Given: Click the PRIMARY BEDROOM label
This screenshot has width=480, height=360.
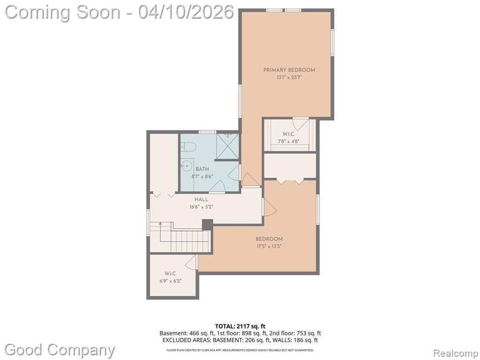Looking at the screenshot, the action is coord(289,70).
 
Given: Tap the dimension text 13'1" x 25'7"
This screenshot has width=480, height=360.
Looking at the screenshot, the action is coord(289,78).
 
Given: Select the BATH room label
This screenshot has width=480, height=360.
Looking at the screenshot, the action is coord(202,169).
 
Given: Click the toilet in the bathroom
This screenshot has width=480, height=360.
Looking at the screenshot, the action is coord(188,147).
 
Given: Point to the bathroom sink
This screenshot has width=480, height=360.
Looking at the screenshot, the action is coord(187,166).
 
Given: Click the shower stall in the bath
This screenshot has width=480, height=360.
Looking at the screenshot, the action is coord(227,146).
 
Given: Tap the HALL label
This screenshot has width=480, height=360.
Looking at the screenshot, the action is coord(201,200).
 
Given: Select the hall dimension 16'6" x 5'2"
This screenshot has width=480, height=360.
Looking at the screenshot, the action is coord(201,207).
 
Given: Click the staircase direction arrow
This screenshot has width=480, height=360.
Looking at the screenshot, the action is coord(160,232).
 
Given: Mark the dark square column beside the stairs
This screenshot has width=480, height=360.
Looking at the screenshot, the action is coord(207,225).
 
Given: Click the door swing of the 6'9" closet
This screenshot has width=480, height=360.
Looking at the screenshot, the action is coord(192,262).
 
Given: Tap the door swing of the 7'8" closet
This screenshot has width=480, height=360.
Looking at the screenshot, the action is coord(300,124).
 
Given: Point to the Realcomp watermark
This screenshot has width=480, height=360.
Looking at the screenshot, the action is coord(456,353).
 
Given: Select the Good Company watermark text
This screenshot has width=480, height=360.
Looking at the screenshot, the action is coord(60,350).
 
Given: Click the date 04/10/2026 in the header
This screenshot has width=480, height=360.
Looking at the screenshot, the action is coord(186,13).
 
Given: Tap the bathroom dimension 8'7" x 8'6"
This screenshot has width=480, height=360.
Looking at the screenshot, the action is coord(202,176).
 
